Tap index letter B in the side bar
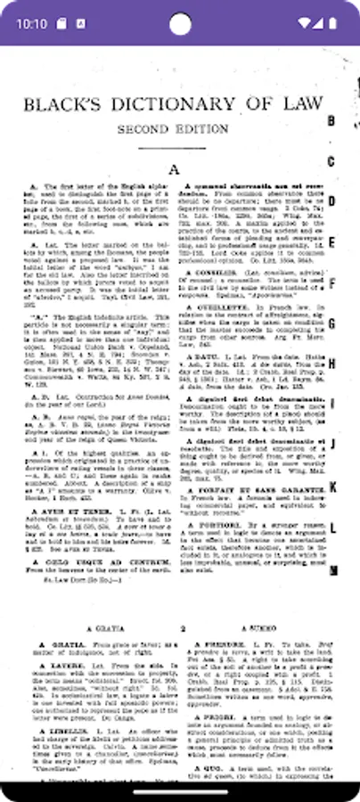point(331,121)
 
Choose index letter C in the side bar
point(331,161)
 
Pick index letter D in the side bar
point(331,201)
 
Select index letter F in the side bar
point(331,283)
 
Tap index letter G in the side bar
point(331,323)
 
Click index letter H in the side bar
point(331,364)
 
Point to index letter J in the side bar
point(331,445)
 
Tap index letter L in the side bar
point(331,527)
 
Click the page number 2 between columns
point(182,628)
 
